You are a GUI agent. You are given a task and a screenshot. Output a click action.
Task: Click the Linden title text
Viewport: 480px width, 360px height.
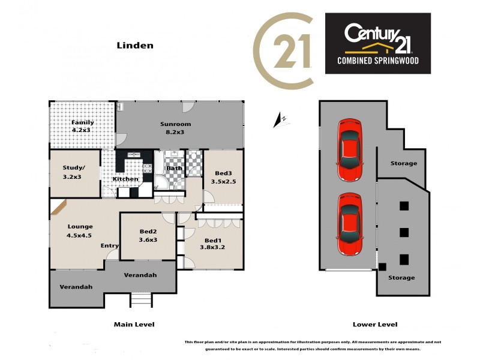coord(135,45)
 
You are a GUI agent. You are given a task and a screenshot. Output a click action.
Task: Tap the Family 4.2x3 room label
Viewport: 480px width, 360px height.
coord(83,126)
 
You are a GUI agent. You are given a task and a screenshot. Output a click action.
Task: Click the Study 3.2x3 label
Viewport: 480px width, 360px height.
coord(73,172)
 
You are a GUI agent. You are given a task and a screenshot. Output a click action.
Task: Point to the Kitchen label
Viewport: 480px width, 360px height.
coord(125,179)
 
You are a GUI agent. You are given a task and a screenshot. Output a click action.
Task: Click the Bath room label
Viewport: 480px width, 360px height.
coord(174,168)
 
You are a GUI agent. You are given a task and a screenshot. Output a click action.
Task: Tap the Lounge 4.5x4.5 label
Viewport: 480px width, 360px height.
coord(80,230)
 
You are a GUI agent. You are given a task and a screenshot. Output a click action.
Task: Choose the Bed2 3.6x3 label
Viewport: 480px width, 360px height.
coord(148,235)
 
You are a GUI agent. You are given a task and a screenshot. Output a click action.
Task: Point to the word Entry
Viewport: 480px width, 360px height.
coord(110,245)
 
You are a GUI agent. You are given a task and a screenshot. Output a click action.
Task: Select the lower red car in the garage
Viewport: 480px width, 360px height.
coord(349,223)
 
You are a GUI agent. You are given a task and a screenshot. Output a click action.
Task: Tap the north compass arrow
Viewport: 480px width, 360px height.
coord(279,121)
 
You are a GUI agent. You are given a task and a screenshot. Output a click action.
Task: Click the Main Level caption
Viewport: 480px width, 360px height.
coord(134,324)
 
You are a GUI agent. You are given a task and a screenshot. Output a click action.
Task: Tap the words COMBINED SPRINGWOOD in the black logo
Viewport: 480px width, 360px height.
coord(377,61)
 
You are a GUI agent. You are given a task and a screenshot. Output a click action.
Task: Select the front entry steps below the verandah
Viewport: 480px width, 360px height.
coord(140,299)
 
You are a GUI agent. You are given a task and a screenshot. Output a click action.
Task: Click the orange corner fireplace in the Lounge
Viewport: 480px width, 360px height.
coord(58,208)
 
